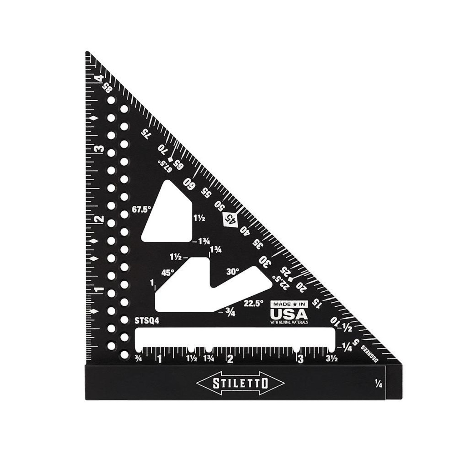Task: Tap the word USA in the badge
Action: (289, 314)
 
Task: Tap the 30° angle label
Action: (232, 272)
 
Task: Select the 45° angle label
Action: (167, 272)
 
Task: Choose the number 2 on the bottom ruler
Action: (230, 359)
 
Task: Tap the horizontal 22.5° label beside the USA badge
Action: (254, 303)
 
